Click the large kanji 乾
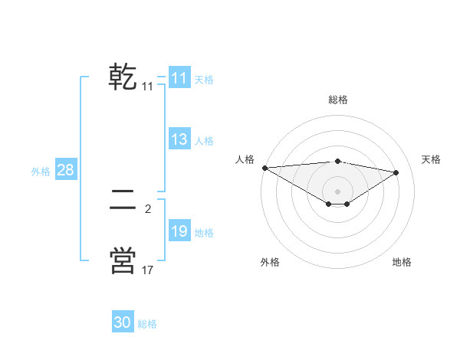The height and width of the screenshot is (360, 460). pos(123,77)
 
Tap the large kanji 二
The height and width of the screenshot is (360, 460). pos(123,200)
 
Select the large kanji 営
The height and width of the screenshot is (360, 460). pos(123,260)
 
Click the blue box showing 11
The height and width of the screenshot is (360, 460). pos(179,78)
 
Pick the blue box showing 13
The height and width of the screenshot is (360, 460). pos(179,139)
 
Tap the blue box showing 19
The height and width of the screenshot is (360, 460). pos(179,231)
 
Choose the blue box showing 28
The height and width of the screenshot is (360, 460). pos(65,170)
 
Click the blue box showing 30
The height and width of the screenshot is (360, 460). pos(123,322)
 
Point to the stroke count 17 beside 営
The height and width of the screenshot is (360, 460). pos(148,270)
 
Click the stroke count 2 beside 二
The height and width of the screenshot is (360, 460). pos(148,208)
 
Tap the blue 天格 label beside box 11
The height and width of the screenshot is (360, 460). pos(204,79)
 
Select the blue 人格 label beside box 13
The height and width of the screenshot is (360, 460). pos(204,141)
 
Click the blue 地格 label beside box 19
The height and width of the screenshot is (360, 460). pos(204,233)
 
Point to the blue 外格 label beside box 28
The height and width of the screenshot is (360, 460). pos(41,172)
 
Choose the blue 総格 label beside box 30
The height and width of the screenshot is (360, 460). pos(147,324)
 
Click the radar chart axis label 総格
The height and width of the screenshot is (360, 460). pos(338,100)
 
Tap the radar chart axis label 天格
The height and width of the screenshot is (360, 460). pos(432,159)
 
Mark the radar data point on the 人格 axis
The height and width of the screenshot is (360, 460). pos(264,168)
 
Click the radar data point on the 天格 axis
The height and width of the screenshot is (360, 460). pos(396,172)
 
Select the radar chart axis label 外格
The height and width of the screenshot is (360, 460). pos(270,262)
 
